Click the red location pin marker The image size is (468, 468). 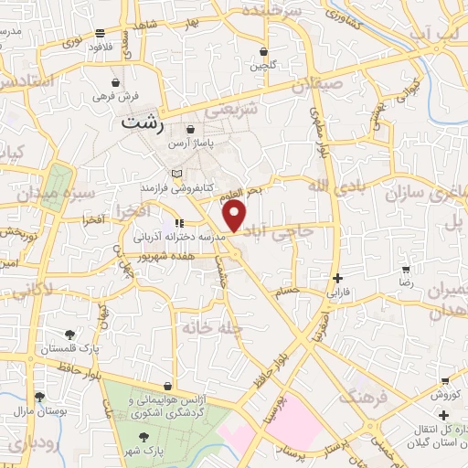point(235,216)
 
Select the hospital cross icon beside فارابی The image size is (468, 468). point(337,278)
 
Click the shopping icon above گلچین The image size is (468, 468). point(264,52)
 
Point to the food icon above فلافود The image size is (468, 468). point(99,34)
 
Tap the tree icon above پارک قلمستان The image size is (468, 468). point(72,334)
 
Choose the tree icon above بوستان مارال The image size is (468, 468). point(39,396)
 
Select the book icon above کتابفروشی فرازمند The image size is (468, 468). point(177,174)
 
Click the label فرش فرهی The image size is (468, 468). point(116,95)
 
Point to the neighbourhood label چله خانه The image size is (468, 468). point(211,326)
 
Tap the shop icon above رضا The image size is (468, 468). point(405,269)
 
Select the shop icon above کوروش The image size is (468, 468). point(444,380)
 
